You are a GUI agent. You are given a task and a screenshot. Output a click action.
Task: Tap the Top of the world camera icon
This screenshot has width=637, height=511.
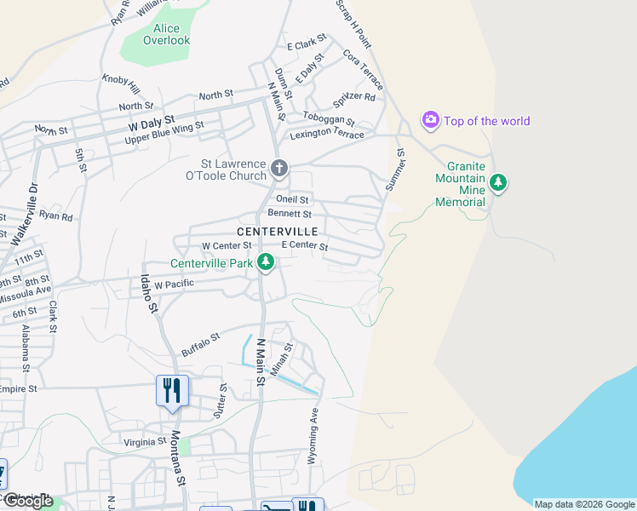pyautogui.click(x=431, y=120)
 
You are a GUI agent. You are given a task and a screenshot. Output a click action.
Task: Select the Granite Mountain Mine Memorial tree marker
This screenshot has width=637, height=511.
pyautogui.click(x=498, y=182)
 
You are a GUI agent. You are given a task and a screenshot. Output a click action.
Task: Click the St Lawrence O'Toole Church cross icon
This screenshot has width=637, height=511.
pyautogui.click(x=279, y=168)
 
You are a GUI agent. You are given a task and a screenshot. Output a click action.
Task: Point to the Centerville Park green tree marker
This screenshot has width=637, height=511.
pyautogui.click(x=266, y=263)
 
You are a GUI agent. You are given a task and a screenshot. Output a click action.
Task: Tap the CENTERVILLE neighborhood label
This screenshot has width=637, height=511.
pyautogui.click(x=277, y=232)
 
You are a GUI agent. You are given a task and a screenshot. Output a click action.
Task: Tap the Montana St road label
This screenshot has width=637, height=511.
pyautogui.click(x=177, y=459)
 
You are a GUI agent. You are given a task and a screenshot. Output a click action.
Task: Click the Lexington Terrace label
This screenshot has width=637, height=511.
pyautogui.click(x=327, y=135)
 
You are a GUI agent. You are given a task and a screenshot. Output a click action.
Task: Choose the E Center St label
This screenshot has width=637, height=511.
pyautogui.click(x=304, y=245)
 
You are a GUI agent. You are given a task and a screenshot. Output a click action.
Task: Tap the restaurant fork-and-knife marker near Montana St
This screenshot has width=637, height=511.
pyautogui.click(x=173, y=391)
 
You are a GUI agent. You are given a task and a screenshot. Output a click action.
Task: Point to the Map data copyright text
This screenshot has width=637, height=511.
pyautogui.click(x=584, y=504)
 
